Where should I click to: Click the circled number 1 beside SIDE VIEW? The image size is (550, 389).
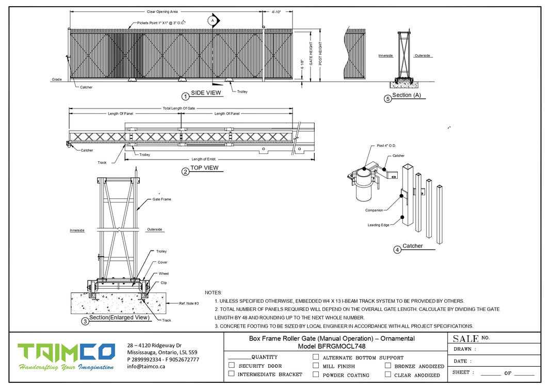coord(185,96)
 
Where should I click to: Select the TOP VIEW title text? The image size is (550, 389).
coord(204,168)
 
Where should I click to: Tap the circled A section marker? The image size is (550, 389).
coord(212,20)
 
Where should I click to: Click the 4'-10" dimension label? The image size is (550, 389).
coord(276,11)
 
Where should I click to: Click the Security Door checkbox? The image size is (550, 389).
coord(232,365)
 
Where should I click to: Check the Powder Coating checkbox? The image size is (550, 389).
coord(316,374)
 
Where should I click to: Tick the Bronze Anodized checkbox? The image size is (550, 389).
coord(387,365)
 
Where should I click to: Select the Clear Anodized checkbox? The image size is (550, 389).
coord(387,374)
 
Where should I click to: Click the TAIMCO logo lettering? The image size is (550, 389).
coord(66,352)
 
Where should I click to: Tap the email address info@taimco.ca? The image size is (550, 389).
coord(146,366)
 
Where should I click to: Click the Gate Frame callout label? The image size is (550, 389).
coord(161,199)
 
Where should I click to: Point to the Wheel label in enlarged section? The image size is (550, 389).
coord(164,273)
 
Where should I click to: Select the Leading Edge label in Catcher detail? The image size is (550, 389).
coord(378,225)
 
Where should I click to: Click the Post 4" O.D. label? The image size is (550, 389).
coord(386,146)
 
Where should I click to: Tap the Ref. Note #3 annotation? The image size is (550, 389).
coord(189,303)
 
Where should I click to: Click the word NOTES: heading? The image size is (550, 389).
coord(213,293)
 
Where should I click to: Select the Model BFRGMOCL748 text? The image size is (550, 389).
coord(332,346)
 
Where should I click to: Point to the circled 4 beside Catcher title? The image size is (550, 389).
coord(397,250)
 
